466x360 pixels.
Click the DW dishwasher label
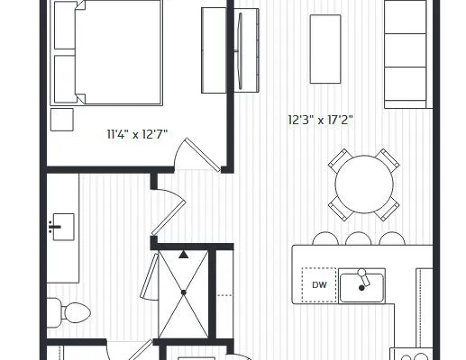pyautogui.click(x=319, y=285)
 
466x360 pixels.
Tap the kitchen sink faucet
pyautogui.click(x=364, y=277)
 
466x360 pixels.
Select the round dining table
pyautogui.click(x=364, y=184)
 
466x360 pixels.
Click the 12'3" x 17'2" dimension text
pyautogui.click(x=320, y=120)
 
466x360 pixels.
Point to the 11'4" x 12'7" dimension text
pyautogui.click(x=137, y=134)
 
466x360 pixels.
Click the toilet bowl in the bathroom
pyautogui.click(x=76, y=313)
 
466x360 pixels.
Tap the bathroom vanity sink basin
pyautogui.click(x=63, y=227)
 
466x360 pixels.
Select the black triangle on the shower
pyautogui.click(x=184, y=255)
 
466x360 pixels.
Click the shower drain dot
pyautogui.click(x=184, y=292)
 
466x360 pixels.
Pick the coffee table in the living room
pyautogui.click(x=325, y=49)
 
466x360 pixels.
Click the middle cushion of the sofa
pyautogui.click(x=406, y=50)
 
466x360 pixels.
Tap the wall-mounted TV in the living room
pyautogui.click(x=240, y=50)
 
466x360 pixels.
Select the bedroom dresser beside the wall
pyautogui.click(x=214, y=50)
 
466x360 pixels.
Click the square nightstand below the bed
pyautogui.click(x=62, y=120)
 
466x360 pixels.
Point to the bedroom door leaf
pyautogui.click(x=203, y=155)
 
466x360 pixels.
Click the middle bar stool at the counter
pyautogui.click(x=359, y=238)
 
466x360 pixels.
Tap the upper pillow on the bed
pyautogui.click(x=65, y=25)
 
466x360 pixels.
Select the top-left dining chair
pyautogui.click(x=340, y=160)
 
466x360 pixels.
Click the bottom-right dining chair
pyautogui.click(x=388, y=209)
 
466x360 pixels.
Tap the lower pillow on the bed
pyautogui.click(x=65, y=79)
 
